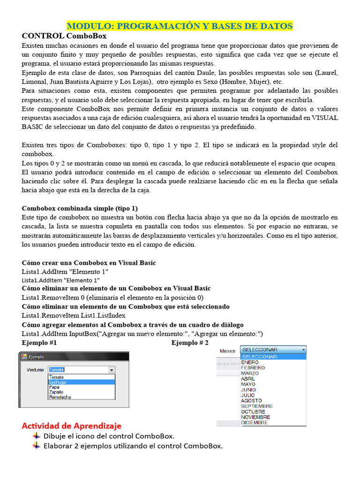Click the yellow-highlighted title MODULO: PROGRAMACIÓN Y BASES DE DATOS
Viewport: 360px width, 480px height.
(180, 26)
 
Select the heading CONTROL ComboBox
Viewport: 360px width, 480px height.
(64, 36)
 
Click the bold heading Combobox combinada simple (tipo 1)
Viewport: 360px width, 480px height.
(80, 208)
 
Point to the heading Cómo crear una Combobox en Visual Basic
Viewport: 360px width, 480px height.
(89, 262)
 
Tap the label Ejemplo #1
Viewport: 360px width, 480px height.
(39, 343)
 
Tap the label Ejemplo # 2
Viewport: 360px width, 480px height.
(190, 343)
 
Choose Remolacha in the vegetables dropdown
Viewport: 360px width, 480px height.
(60, 397)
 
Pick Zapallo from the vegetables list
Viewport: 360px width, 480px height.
(57, 392)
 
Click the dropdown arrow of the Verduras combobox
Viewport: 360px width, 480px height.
(112, 370)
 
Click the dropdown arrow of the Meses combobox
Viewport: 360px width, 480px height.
(303, 350)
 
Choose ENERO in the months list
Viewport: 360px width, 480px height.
(250, 362)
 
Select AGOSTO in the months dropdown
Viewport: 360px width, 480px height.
(252, 401)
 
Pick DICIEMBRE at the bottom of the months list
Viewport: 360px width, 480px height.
(255, 422)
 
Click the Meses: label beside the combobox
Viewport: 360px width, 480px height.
(228, 351)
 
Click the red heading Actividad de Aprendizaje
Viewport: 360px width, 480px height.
(71, 426)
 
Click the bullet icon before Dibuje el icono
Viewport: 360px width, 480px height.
(37, 436)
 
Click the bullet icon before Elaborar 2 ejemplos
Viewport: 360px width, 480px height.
(37, 446)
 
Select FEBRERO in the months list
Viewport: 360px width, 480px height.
(253, 368)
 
